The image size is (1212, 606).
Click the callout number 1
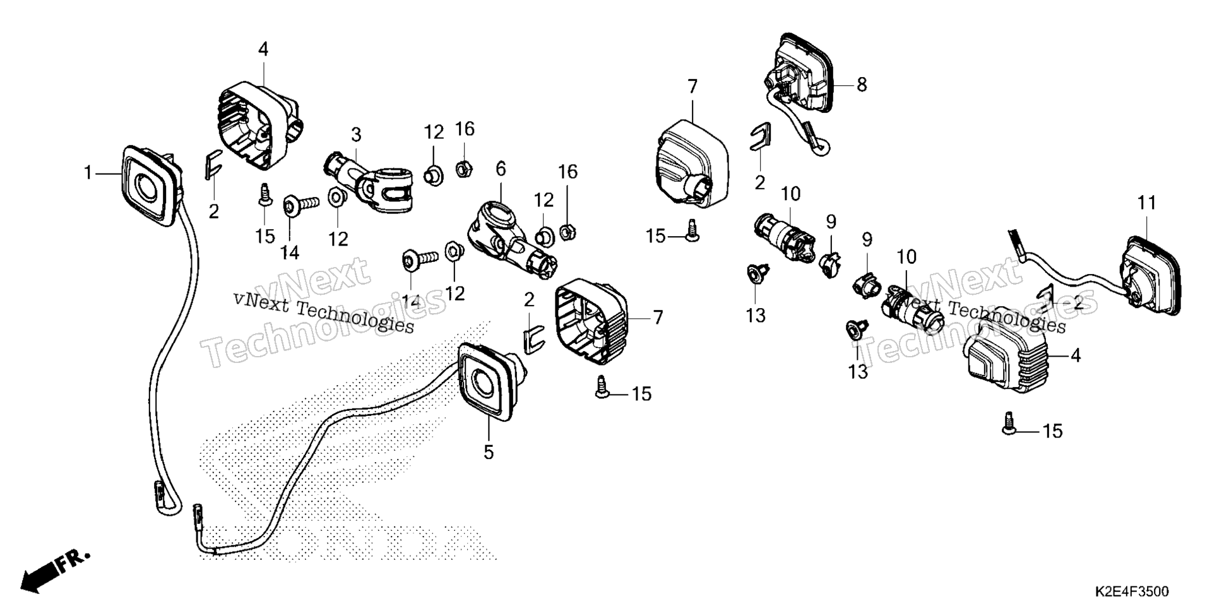coord(88,172)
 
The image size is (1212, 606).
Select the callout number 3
coord(356,134)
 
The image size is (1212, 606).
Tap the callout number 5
coord(488,452)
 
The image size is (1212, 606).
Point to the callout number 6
coord(501,169)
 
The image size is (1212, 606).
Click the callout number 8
coord(862,84)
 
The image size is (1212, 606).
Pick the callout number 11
coord(1147,203)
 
